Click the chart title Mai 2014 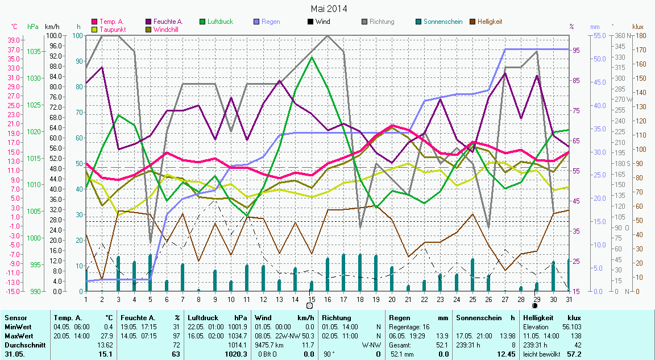point(329,9)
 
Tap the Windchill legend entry point(167,29)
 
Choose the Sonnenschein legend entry point(442,22)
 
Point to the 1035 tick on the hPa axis point(34,51)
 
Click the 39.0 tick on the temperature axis point(14,40)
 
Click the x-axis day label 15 point(311,299)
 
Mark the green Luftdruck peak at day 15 point(311,57)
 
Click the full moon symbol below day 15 point(309,305)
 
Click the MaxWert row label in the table point(17,336)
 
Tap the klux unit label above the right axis point(638,26)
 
